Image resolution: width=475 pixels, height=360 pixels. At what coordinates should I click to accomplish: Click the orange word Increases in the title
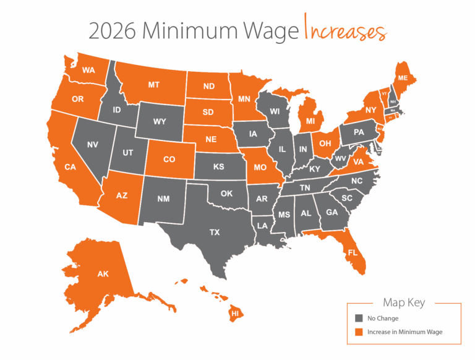click(345, 30)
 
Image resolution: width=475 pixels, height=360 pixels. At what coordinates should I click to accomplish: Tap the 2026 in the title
click(112, 30)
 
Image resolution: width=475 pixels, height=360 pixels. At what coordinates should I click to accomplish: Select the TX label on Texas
click(215, 233)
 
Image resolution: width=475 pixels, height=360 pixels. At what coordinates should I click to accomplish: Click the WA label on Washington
click(88, 70)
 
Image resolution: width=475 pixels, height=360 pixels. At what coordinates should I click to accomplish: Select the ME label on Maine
click(403, 78)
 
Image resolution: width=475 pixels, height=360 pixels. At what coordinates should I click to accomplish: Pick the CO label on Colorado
click(169, 159)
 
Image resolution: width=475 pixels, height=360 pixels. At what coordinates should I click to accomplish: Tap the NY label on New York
click(372, 109)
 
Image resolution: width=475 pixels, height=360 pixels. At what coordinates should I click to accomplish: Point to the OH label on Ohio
click(323, 143)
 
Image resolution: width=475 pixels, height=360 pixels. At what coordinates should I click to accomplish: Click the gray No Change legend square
click(358, 319)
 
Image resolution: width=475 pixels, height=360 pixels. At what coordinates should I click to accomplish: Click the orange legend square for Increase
click(358, 332)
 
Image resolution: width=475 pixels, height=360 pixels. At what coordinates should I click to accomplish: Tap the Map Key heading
click(404, 303)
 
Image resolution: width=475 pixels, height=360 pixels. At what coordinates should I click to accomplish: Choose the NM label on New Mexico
click(163, 199)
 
